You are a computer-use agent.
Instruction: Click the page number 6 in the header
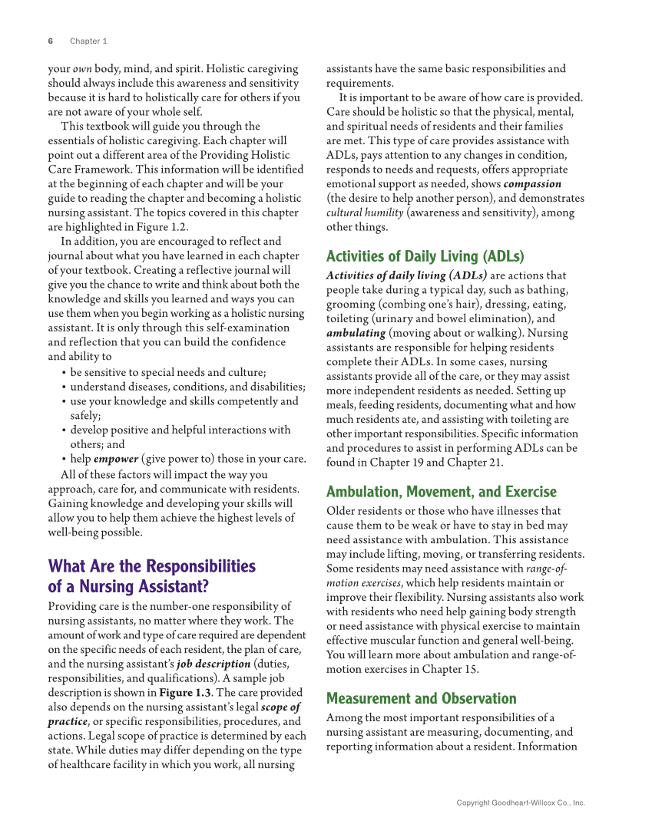tap(50, 41)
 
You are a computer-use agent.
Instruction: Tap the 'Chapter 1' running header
tap(88, 41)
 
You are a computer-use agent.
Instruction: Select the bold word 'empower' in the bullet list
tap(116, 459)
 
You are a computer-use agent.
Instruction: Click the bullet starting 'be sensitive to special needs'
tap(167, 372)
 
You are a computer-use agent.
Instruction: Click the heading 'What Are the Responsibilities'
tap(151, 567)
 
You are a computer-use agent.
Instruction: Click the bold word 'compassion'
tap(532, 184)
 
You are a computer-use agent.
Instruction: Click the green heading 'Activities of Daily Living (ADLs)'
tap(425, 256)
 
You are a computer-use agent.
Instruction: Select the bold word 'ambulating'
tap(356, 334)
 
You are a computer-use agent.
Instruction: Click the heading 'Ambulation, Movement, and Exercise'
tap(441, 492)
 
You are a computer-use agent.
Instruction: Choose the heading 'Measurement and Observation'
tap(421, 698)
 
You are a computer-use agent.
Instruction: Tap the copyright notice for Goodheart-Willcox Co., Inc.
tap(520, 803)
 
